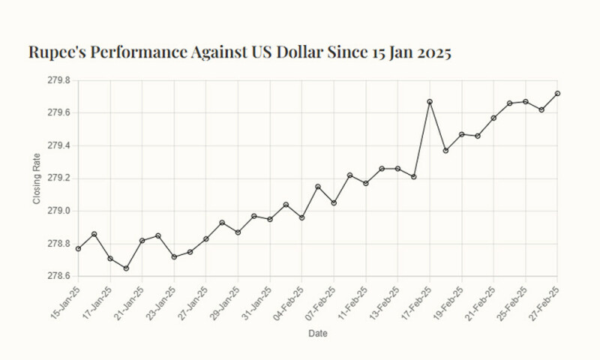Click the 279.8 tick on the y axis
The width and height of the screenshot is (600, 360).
point(58,80)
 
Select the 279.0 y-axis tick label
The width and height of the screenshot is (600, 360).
point(58,211)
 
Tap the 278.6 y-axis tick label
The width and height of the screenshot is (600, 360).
point(58,277)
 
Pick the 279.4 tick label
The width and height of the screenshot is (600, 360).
point(58,145)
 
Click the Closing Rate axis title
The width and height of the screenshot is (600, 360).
point(37,178)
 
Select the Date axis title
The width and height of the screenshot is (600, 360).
point(317,333)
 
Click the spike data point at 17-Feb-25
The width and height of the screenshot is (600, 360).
point(430,101)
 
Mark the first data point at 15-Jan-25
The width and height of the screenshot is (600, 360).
point(78,248)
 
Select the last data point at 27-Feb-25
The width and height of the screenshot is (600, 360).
point(557,93)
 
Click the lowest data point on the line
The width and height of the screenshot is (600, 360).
point(126,268)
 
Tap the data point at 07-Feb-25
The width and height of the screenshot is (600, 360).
point(334,203)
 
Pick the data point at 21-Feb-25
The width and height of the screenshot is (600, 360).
point(493,118)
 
